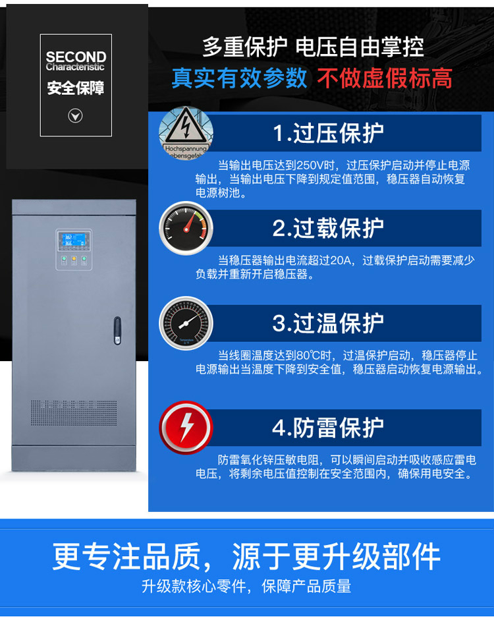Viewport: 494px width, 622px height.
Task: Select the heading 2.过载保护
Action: click(328, 228)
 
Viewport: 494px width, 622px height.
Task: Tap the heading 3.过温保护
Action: click(328, 323)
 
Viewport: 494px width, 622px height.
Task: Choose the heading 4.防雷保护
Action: click(328, 427)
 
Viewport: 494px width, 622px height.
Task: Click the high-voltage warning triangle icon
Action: click(186, 132)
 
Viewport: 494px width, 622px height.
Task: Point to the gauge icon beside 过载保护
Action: click(186, 228)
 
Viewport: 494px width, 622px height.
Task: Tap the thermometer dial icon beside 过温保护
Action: click(186, 323)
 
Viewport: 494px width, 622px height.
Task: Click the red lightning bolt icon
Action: click(186, 427)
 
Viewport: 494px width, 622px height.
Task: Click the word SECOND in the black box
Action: click(76, 57)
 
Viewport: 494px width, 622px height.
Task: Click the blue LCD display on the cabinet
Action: click(73, 240)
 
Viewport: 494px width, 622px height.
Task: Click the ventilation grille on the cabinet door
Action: click(73, 412)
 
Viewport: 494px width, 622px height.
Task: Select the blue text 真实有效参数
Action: click(240, 78)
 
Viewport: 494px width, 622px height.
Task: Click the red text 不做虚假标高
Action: click(385, 78)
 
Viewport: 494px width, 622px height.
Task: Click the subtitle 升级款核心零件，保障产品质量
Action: click(246, 586)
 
